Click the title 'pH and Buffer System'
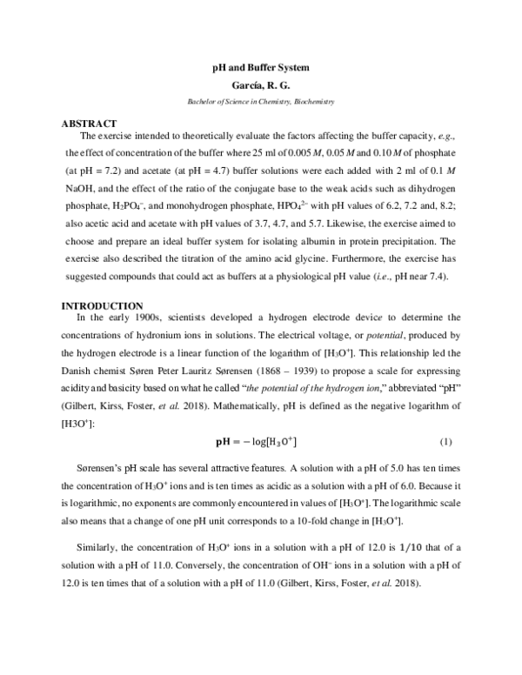(x=261, y=67)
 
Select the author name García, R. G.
(x=261, y=85)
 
